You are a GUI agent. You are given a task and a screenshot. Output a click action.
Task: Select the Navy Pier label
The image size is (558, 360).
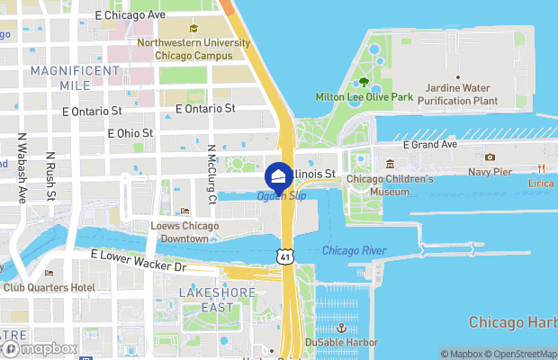tap(490, 172)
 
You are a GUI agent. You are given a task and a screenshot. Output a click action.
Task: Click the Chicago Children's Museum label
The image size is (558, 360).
tap(390, 185)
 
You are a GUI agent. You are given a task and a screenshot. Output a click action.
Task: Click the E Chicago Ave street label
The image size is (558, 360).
tap(130, 15)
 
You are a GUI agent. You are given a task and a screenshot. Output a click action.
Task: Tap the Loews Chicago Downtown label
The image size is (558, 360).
tap(185, 232)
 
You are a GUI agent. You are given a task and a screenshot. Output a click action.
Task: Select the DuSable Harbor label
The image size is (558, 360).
tap(341, 342)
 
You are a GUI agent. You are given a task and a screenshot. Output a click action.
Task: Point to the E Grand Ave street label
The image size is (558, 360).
tap(430, 144)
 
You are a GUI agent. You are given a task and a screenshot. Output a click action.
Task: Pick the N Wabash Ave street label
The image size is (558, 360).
tap(22, 167)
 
